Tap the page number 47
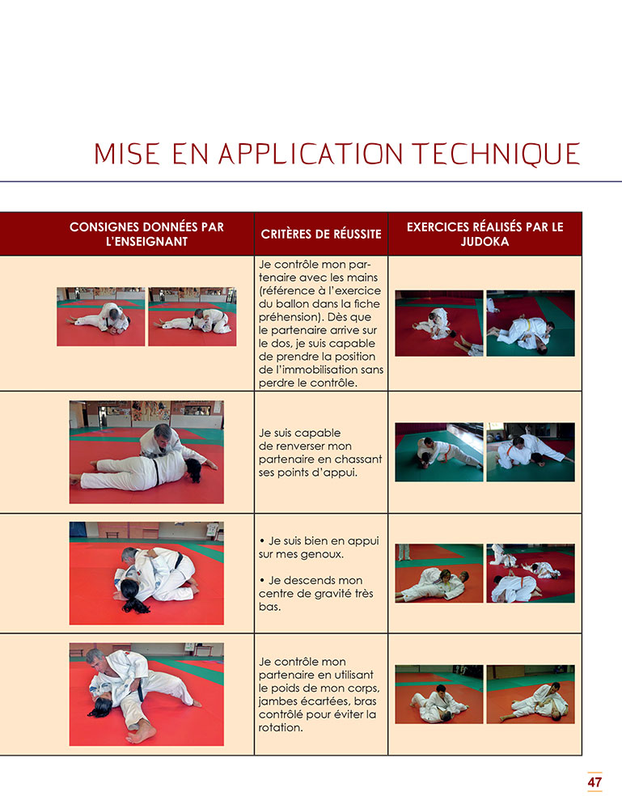tap(594, 782)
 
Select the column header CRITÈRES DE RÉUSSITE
tap(321, 235)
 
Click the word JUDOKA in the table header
tap(484, 241)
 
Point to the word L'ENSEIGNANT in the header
tap(146, 241)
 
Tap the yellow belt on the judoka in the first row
tap(527, 328)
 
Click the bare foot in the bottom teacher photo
tap(141, 735)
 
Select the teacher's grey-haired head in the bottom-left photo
tap(95, 659)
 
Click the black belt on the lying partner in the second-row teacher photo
tap(155, 472)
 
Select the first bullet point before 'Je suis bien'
tap(263, 541)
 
